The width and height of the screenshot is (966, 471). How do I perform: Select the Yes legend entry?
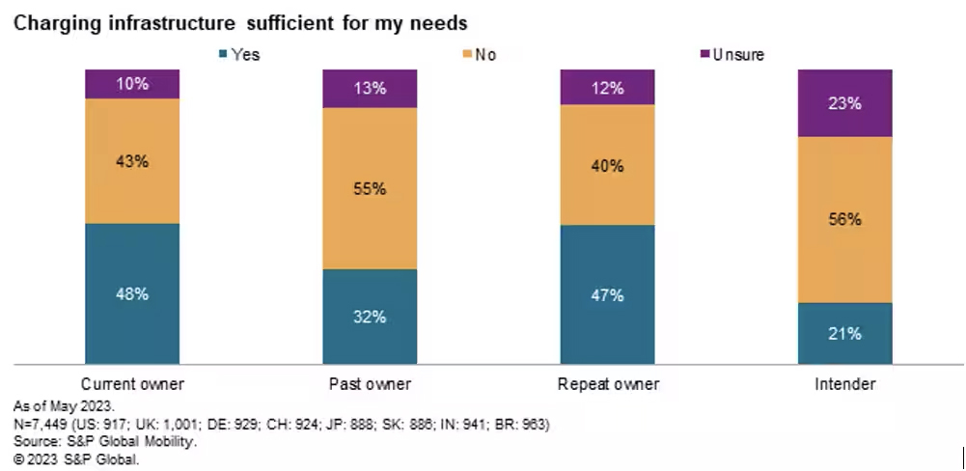[239, 55]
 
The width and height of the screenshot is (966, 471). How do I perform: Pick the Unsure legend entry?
[731, 55]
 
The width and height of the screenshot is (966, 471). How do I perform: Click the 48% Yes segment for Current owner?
[132, 293]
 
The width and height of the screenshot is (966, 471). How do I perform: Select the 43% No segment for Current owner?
[132, 161]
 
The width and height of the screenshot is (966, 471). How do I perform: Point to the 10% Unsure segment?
[132, 84]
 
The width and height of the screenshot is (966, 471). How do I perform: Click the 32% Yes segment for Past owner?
[370, 317]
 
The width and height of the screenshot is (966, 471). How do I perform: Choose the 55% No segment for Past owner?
[370, 188]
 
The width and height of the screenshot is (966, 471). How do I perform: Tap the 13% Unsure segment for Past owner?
[370, 89]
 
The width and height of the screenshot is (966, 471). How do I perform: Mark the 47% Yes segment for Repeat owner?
[608, 294]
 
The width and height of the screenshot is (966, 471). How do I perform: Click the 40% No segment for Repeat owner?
[608, 165]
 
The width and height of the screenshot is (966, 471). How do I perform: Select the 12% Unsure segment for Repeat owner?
[608, 87]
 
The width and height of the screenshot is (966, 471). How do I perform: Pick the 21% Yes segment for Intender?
[845, 334]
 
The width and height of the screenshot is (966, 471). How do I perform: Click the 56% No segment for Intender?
[845, 219]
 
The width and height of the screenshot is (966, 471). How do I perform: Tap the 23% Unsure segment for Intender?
[845, 103]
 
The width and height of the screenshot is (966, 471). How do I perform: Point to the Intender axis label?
[844, 384]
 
